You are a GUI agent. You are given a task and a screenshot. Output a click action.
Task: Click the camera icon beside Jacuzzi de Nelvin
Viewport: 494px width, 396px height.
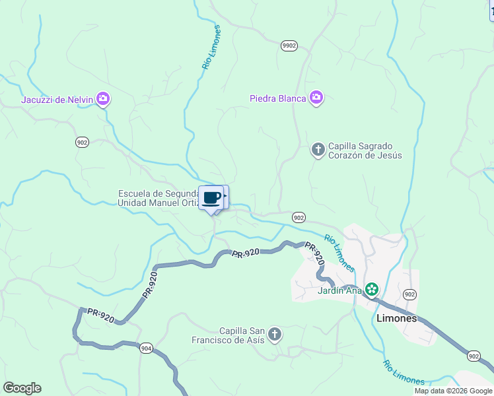pyautogui.click(x=102, y=100)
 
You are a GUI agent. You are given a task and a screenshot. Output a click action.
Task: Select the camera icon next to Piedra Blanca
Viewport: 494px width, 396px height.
pyautogui.click(x=316, y=98)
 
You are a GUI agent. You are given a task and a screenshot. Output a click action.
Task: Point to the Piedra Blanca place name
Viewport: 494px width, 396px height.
pyautogui.click(x=278, y=99)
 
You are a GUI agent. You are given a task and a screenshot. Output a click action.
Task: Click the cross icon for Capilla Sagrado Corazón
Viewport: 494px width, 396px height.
pyautogui.click(x=318, y=150)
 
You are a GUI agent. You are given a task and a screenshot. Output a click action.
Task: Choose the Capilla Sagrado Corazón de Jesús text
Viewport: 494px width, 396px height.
pyautogui.click(x=365, y=150)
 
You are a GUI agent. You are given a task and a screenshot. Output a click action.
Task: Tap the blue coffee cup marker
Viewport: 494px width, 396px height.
pyautogui.click(x=211, y=198)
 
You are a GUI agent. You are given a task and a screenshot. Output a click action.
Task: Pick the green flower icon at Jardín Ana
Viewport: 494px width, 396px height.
pyautogui.click(x=372, y=289)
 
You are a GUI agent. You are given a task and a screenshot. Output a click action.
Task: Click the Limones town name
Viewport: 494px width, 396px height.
pyautogui.click(x=396, y=317)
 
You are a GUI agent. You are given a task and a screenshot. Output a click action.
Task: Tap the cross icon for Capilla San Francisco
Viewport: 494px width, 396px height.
pyautogui.click(x=275, y=335)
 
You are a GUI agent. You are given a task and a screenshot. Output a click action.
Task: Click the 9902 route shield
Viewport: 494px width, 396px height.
pyautogui.click(x=289, y=46)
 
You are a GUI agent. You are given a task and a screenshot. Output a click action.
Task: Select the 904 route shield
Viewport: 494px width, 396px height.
pyautogui.click(x=146, y=348)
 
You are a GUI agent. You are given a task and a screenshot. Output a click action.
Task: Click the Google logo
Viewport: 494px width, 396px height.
pyautogui.click(x=22, y=388)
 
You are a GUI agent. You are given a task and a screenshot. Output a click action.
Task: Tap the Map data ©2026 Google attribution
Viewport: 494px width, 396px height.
pyautogui.click(x=452, y=391)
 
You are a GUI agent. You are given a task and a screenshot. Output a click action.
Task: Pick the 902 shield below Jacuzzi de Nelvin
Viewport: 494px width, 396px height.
pyautogui.click(x=82, y=143)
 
